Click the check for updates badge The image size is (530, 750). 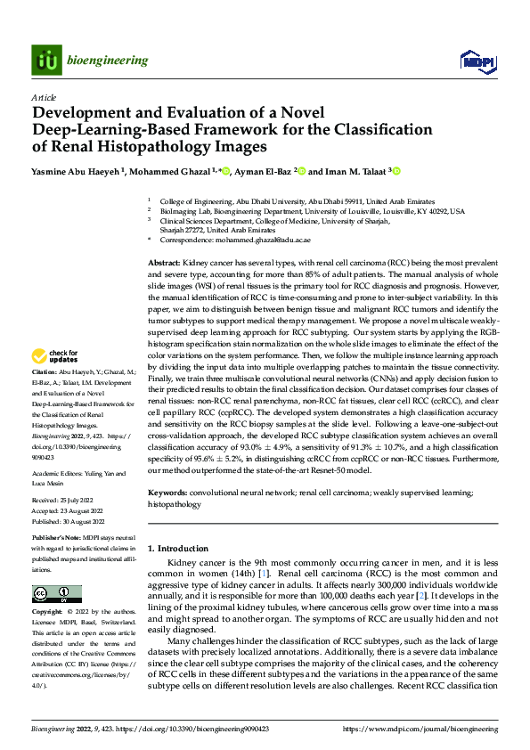click(x=54, y=359)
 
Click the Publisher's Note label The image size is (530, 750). click(x=57, y=539)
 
